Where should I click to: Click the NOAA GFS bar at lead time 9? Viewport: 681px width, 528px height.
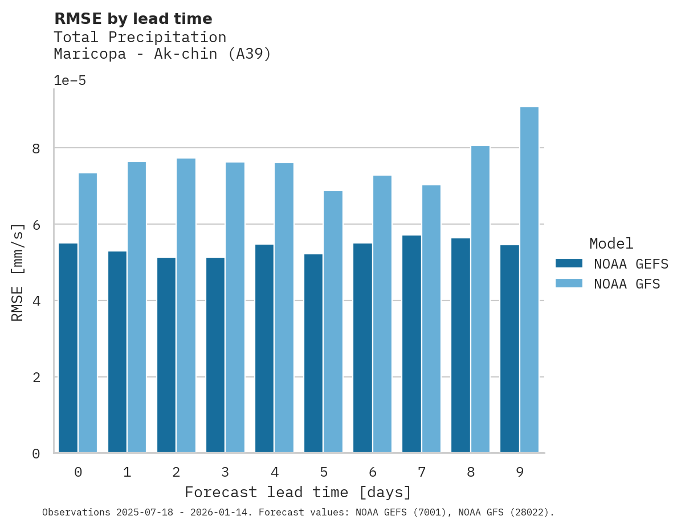(529, 280)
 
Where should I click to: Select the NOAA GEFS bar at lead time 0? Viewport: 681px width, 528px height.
(68, 348)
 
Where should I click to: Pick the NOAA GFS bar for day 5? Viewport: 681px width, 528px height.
(333, 322)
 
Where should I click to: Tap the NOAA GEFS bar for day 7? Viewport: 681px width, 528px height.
(411, 344)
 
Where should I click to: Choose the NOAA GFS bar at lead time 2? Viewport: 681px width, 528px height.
(186, 306)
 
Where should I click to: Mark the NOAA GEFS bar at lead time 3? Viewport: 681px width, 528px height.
(215, 355)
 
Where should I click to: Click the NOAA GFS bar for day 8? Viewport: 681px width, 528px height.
(480, 299)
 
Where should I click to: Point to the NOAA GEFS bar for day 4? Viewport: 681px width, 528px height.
(264, 348)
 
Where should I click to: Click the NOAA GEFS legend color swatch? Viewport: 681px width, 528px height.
(569, 263)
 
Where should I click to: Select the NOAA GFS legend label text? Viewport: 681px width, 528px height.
(627, 284)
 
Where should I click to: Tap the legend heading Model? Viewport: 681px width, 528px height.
(611, 244)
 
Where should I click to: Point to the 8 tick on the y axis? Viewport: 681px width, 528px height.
(36, 148)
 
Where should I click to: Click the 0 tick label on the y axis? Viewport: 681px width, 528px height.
(36, 454)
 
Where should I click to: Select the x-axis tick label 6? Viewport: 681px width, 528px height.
(373, 472)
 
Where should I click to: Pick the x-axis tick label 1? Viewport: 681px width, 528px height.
(127, 472)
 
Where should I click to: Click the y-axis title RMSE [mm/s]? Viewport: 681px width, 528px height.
(18, 272)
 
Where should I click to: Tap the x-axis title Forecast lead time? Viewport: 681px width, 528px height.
(298, 492)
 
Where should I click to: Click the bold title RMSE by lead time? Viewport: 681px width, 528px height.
(133, 19)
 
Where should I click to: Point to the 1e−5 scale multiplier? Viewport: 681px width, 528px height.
(70, 80)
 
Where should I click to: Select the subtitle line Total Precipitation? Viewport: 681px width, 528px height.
(140, 38)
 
